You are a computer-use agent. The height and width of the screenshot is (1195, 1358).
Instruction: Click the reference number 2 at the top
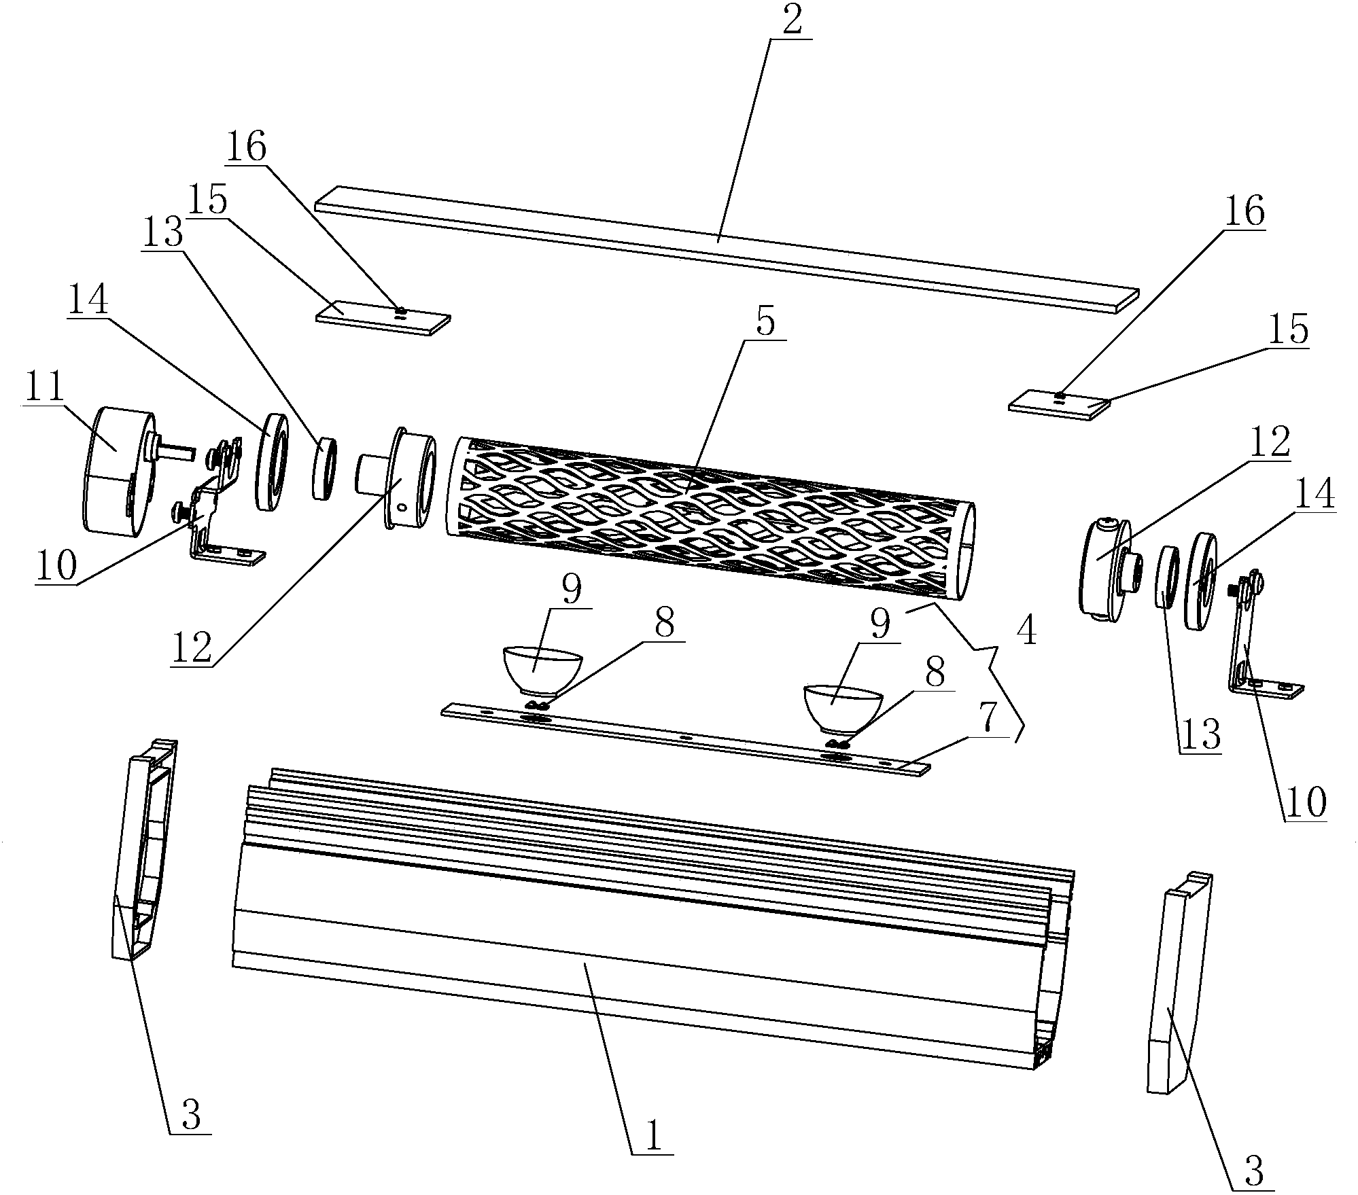(791, 21)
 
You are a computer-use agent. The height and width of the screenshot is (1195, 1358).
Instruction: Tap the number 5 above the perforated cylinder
(765, 323)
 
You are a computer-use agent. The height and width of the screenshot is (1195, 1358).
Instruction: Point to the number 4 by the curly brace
(1026, 632)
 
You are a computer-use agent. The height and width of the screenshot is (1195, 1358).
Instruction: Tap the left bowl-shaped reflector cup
(542, 671)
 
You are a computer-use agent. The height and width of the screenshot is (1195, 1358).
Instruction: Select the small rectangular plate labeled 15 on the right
(1059, 405)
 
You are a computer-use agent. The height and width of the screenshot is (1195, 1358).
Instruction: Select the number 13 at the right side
(1200, 735)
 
